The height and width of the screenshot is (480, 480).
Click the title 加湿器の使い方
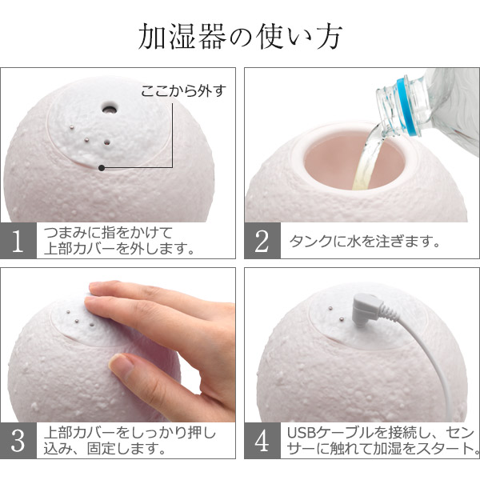pyautogui.click(x=240, y=37)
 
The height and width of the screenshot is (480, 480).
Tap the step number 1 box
pyautogui.click(x=18, y=241)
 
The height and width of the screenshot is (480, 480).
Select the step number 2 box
pyautogui.click(x=262, y=241)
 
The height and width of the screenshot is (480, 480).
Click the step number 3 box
pyautogui.click(x=18, y=440)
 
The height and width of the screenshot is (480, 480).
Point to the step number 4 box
pyautogui.click(x=262, y=440)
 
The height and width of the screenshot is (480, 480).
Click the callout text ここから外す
pyautogui.click(x=183, y=91)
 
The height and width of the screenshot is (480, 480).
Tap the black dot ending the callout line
pyautogui.click(x=102, y=168)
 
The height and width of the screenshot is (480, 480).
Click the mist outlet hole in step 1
pyautogui.click(x=110, y=108)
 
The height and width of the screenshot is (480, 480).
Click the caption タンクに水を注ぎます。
pyautogui.click(x=365, y=242)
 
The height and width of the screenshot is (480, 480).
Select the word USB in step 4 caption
pyautogui.click(x=302, y=433)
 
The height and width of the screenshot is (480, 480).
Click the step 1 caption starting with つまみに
pyautogui.click(x=118, y=241)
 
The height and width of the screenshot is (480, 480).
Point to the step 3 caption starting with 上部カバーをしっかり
pyautogui.click(x=130, y=441)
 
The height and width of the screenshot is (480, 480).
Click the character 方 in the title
pyautogui.click(x=329, y=37)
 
